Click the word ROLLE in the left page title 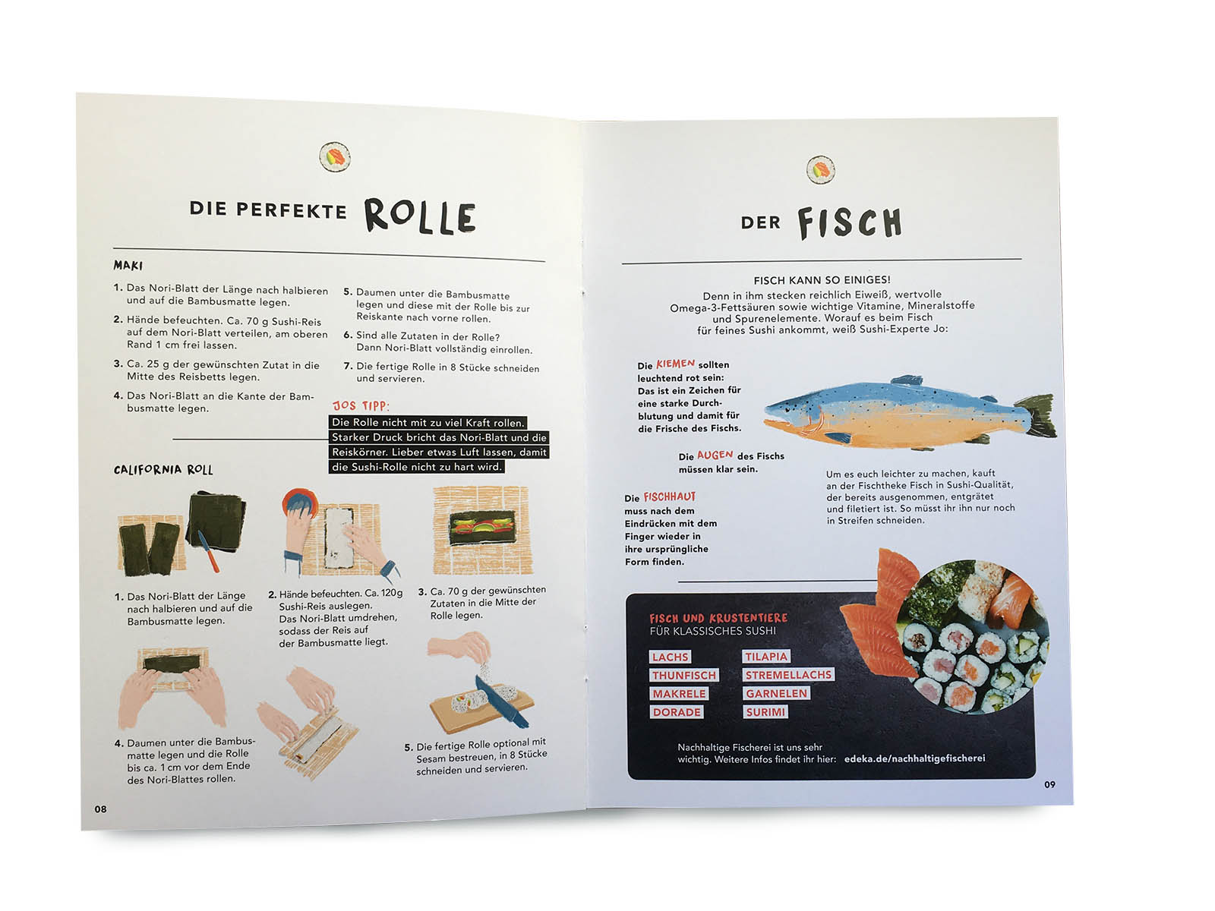coord(420,216)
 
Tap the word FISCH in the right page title coord(849,222)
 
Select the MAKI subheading coord(128,266)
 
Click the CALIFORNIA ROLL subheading coord(163,470)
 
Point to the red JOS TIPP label coord(361,405)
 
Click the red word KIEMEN coord(675,364)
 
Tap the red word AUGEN coord(715,455)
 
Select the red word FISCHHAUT coord(669,496)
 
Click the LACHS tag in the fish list coord(670,657)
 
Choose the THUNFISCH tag coord(684,675)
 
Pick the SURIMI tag coord(765,712)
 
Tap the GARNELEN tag coord(776,693)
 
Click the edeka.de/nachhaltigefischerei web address coord(914,758)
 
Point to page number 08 coord(100,809)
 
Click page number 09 coord(1049,784)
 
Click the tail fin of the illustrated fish coord(1037,416)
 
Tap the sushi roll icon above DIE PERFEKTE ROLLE coord(335,157)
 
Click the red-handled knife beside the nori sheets coord(208,551)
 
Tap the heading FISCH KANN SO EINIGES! coord(822,280)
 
